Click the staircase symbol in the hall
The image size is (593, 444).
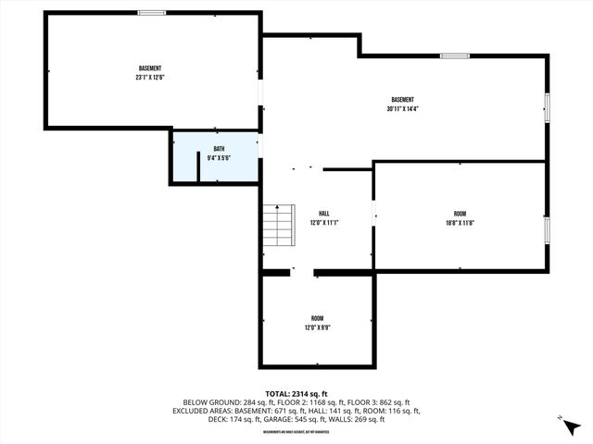point(277,225)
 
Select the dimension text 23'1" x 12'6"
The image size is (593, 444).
point(150,78)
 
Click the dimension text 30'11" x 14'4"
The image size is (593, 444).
point(402,108)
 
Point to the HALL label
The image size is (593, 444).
point(324,214)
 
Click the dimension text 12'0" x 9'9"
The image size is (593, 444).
point(317,327)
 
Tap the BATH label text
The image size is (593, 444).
point(219,149)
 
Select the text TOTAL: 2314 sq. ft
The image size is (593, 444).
point(296,394)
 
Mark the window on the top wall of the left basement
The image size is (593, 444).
point(152,12)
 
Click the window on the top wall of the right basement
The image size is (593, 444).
point(454,56)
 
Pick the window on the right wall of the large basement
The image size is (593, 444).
point(547,106)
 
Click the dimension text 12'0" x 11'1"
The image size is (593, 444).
point(324,223)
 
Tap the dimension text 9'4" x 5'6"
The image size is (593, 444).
point(219,157)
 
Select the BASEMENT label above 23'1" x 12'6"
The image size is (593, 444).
point(150,68)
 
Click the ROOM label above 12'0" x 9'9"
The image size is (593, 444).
point(317,318)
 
